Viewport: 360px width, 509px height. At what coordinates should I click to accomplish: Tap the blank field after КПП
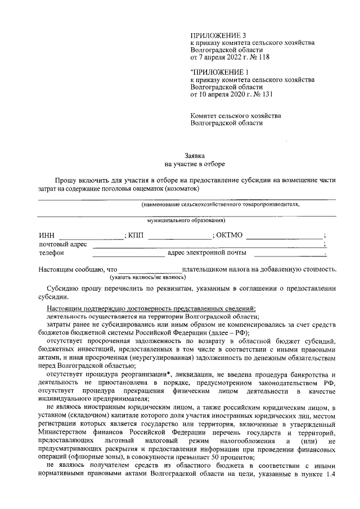pos(179,236)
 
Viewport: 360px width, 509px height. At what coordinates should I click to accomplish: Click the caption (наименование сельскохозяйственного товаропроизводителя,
pos(220,204)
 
